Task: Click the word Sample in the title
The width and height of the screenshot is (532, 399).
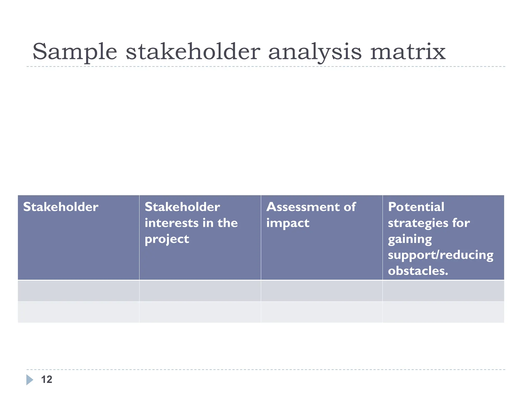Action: click(x=75, y=52)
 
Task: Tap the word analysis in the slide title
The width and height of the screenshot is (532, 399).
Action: click(x=315, y=52)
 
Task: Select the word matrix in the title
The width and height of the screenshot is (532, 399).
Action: click(x=408, y=52)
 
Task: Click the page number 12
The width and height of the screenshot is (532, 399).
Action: click(x=47, y=380)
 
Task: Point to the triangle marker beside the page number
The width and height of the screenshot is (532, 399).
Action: click(x=30, y=380)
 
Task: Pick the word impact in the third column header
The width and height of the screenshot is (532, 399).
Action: click(x=288, y=223)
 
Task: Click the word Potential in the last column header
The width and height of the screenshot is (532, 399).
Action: click(x=416, y=207)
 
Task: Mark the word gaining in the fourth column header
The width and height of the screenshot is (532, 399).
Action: click(x=410, y=239)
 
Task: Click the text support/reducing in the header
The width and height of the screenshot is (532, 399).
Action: click(x=441, y=255)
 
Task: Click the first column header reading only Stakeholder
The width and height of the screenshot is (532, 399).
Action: click(x=61, y=207)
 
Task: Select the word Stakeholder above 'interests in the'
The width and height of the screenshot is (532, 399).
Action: click(x=182, y=207)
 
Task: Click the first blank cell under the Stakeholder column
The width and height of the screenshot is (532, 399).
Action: click(x=78, y=291)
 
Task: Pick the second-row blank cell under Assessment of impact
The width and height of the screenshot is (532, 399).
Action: click(x=322, y=312)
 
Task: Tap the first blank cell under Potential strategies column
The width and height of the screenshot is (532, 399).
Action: click(x=443, y=291)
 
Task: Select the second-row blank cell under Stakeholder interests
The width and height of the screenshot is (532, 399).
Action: click(x=200, y=312)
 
